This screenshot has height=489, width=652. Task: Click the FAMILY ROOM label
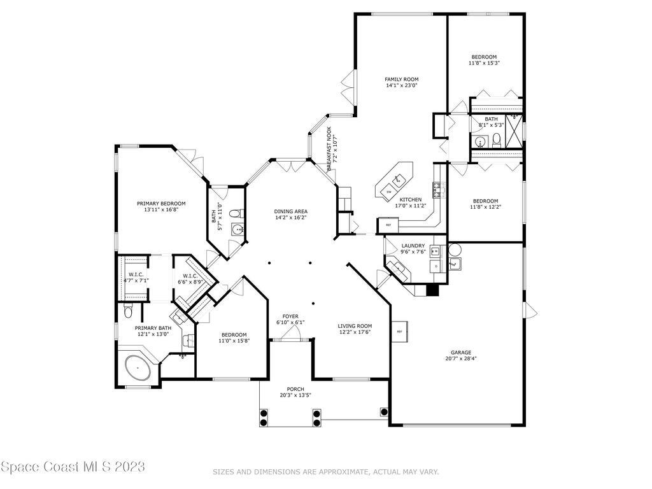(x=402, y=79)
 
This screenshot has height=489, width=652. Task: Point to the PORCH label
(x=295, y=389)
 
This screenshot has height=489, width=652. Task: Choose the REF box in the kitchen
(x=388, y=225)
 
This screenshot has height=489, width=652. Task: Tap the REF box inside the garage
(x=400, y=332)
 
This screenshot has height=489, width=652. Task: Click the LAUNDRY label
(x=413, y=246)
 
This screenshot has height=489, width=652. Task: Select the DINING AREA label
(x=291, y=211)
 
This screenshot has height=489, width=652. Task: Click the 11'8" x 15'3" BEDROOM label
(x=483, y=57)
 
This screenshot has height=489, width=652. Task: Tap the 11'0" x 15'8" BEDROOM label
(x=234, y=335)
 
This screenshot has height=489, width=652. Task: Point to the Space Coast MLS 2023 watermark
(x=73, y=467)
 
